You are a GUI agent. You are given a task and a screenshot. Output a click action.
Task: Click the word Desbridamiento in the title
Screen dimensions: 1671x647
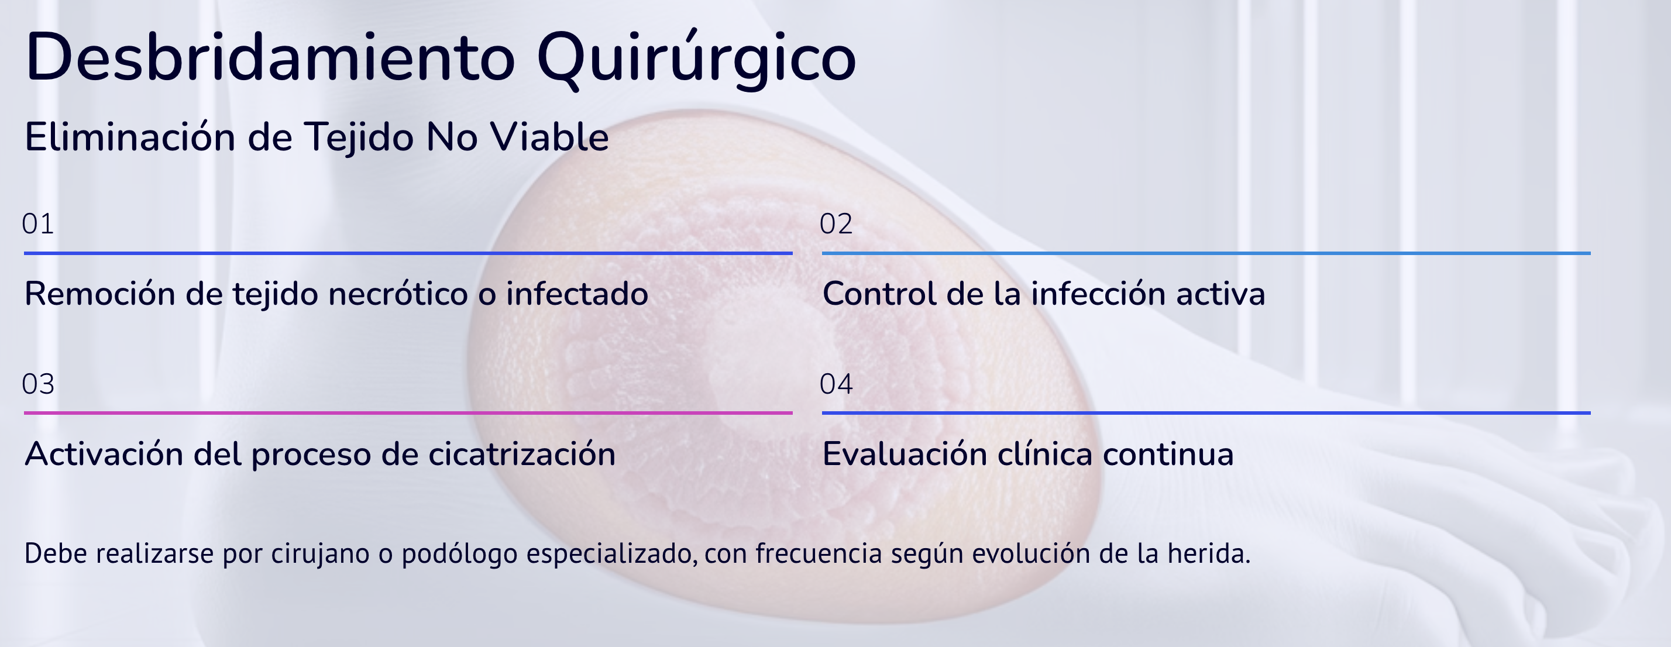[x=270, y=57]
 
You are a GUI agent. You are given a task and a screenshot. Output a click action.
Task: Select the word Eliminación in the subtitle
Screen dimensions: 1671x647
[x=130, y=137]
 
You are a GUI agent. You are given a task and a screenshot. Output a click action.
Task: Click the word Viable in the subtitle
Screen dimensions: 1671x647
[x=549, y=137]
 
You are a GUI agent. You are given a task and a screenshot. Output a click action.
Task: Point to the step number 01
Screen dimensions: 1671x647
[x=37, y=223]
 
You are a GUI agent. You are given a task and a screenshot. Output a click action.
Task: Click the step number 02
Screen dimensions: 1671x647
[x=835, y=223]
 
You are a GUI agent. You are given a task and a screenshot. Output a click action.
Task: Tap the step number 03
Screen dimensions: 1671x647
[x=37, y=384]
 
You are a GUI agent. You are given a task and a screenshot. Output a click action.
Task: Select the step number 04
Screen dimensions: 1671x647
[x=835, y=384]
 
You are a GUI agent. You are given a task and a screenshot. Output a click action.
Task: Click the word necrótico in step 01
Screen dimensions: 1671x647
[x=398, y=294]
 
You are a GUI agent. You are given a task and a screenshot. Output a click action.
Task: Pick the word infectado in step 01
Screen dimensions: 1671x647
[x=577, y=294]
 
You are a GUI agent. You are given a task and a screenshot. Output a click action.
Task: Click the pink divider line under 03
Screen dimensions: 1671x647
[x=408, y=412]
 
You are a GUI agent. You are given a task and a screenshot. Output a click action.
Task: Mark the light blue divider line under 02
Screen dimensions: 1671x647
[x=1206, y=253]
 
